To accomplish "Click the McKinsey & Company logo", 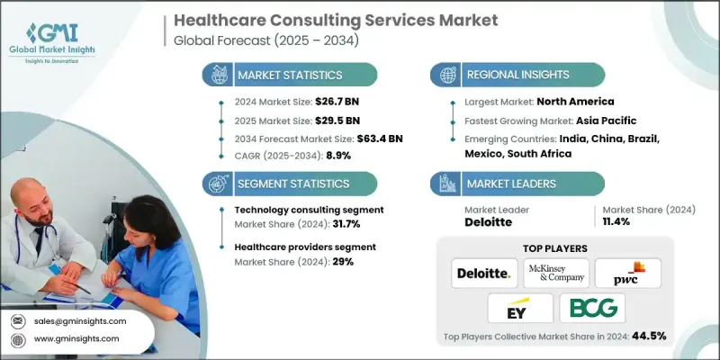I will point(556,273).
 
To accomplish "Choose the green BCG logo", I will point(593,309).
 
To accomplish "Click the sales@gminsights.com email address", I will point(81,320).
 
